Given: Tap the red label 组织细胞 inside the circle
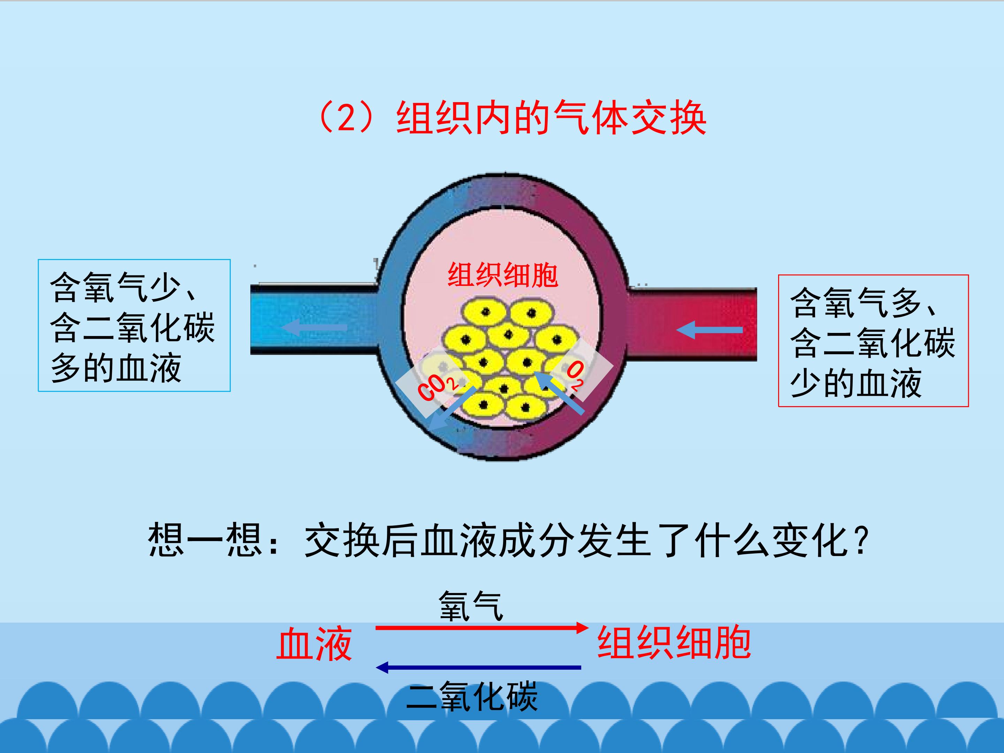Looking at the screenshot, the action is [502, 275].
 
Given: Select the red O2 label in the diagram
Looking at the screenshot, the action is [576, 376].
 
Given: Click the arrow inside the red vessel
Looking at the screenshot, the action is [709, 330].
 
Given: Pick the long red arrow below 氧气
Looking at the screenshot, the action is [482, 628].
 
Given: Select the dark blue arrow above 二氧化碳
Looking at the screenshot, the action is [479, 667].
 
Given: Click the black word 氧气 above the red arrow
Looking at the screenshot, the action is [471, 606].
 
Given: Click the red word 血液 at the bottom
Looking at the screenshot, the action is [314, 643].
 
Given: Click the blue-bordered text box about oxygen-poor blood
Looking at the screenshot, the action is [134, 326].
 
